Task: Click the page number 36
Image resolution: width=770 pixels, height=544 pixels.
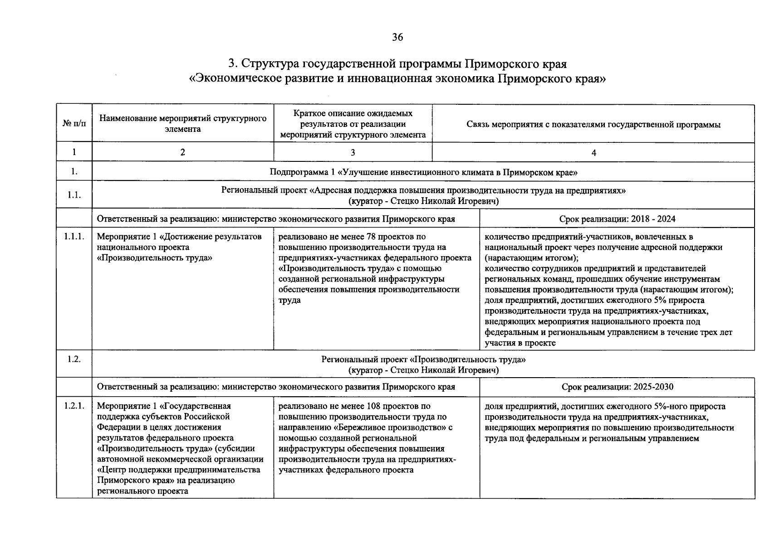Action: pyautogui.click(x=397, y=37)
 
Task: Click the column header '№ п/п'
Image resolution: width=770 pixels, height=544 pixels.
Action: pyautogui.click(x=74, y=124)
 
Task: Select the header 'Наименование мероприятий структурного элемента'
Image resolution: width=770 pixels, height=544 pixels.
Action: pyautogui.click(x=182, y=124)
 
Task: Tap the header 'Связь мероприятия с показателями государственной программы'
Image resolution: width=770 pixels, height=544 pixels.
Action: pyautogui.click(x=593, y=125)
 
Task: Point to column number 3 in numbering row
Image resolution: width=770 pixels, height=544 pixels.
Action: pyautogui.click(x=353, y=153)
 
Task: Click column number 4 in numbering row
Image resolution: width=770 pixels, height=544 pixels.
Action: pyautogui.click(x=593, y=153)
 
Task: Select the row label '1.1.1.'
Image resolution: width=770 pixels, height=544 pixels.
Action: pyautogui.click(x=74, y=237)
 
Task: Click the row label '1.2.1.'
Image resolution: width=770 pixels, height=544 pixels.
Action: pyautogui.click(x=74, y=406)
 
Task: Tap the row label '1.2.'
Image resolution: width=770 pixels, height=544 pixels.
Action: pyautogui.click(x=74, y=359)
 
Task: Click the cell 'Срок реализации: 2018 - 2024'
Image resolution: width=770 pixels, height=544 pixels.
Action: pyautogui.click(x=617, y=219)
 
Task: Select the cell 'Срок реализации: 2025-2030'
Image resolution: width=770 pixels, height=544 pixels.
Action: pyautogui.click(x=617, y=387)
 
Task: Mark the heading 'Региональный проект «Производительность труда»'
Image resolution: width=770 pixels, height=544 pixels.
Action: pyautogui.click(x=423, y=359)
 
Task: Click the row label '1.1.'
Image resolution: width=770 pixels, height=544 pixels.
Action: pyautogui.click(x=74, y=195)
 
